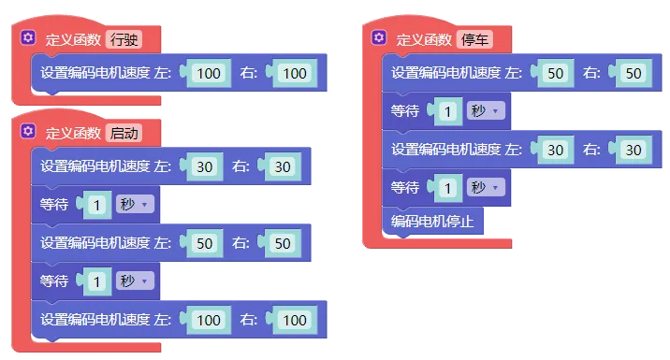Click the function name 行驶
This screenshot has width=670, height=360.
[x=124, y=39]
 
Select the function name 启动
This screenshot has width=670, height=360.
[x=124, y=133]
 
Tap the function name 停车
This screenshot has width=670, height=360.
[x=474, y=39]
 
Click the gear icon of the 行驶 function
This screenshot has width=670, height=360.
[x=28, y=37]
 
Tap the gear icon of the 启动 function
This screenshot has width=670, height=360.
[x=28, y=131]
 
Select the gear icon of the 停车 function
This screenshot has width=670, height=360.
[x=379, y=37]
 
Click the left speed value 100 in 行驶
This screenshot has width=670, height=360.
[x=209, y=74]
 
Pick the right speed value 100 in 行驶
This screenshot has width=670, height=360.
[x=295, y=74]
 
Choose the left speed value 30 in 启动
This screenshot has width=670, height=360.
[x=205, y=167]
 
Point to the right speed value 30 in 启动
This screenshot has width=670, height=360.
[x=283, y=167]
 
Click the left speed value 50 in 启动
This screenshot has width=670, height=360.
[x=205, y=243]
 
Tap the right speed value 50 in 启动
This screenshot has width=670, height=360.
[x=283, y=243]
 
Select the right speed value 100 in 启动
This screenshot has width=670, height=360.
[x=295, y=321]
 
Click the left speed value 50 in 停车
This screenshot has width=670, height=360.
[x=556, y=74]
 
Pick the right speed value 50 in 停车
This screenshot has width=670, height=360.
[x=634, y=74]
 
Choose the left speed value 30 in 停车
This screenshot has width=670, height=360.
[x=556, y=150]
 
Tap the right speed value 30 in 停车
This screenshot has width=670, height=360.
[x=634, y=150]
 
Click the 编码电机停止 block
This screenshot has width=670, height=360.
[x=432, y=222]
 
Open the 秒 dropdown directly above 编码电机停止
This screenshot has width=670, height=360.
[x=486, y=187]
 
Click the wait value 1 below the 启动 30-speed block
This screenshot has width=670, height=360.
[x=97, y=206]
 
